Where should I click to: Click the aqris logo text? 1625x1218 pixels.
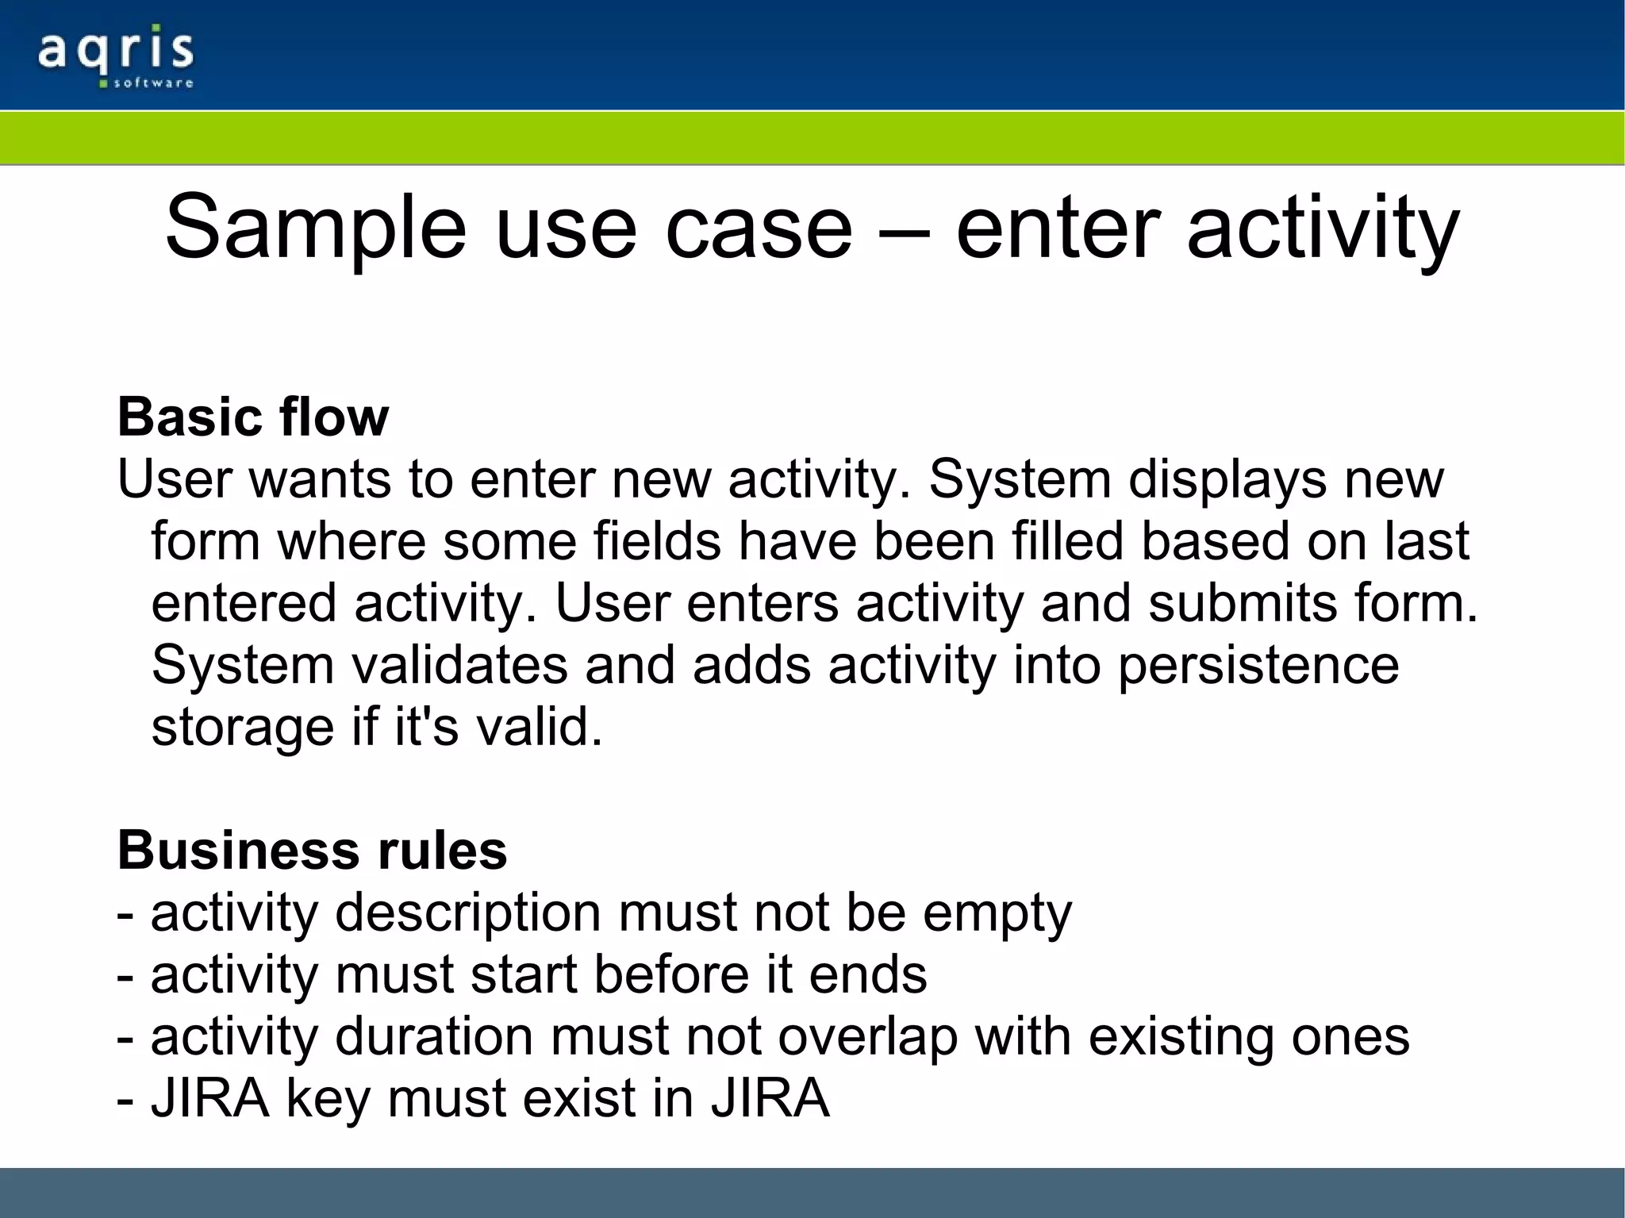(115, 50)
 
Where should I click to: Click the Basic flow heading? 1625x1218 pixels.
(253, 417)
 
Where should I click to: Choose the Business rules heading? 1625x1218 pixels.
(312, 851)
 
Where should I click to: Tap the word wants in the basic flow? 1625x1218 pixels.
(321, 479)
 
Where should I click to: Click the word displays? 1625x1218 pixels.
(1227, 479)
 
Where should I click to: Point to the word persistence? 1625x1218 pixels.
(1258, 665)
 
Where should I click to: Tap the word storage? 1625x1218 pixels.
(243, 727)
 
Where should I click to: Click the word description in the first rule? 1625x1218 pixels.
(468, 913)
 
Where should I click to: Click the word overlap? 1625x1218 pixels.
(867, 1036)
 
